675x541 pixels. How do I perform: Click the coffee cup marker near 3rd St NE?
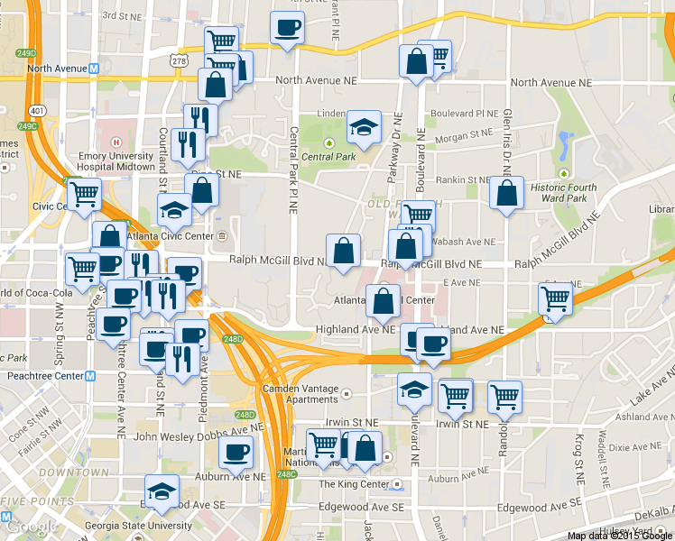(x=287, y=28)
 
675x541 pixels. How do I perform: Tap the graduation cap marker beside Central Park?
(x=364, y=128)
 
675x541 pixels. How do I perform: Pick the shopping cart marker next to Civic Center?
(x=83, y=195)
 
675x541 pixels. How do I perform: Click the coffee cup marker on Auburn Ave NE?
(x=236, y=452)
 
